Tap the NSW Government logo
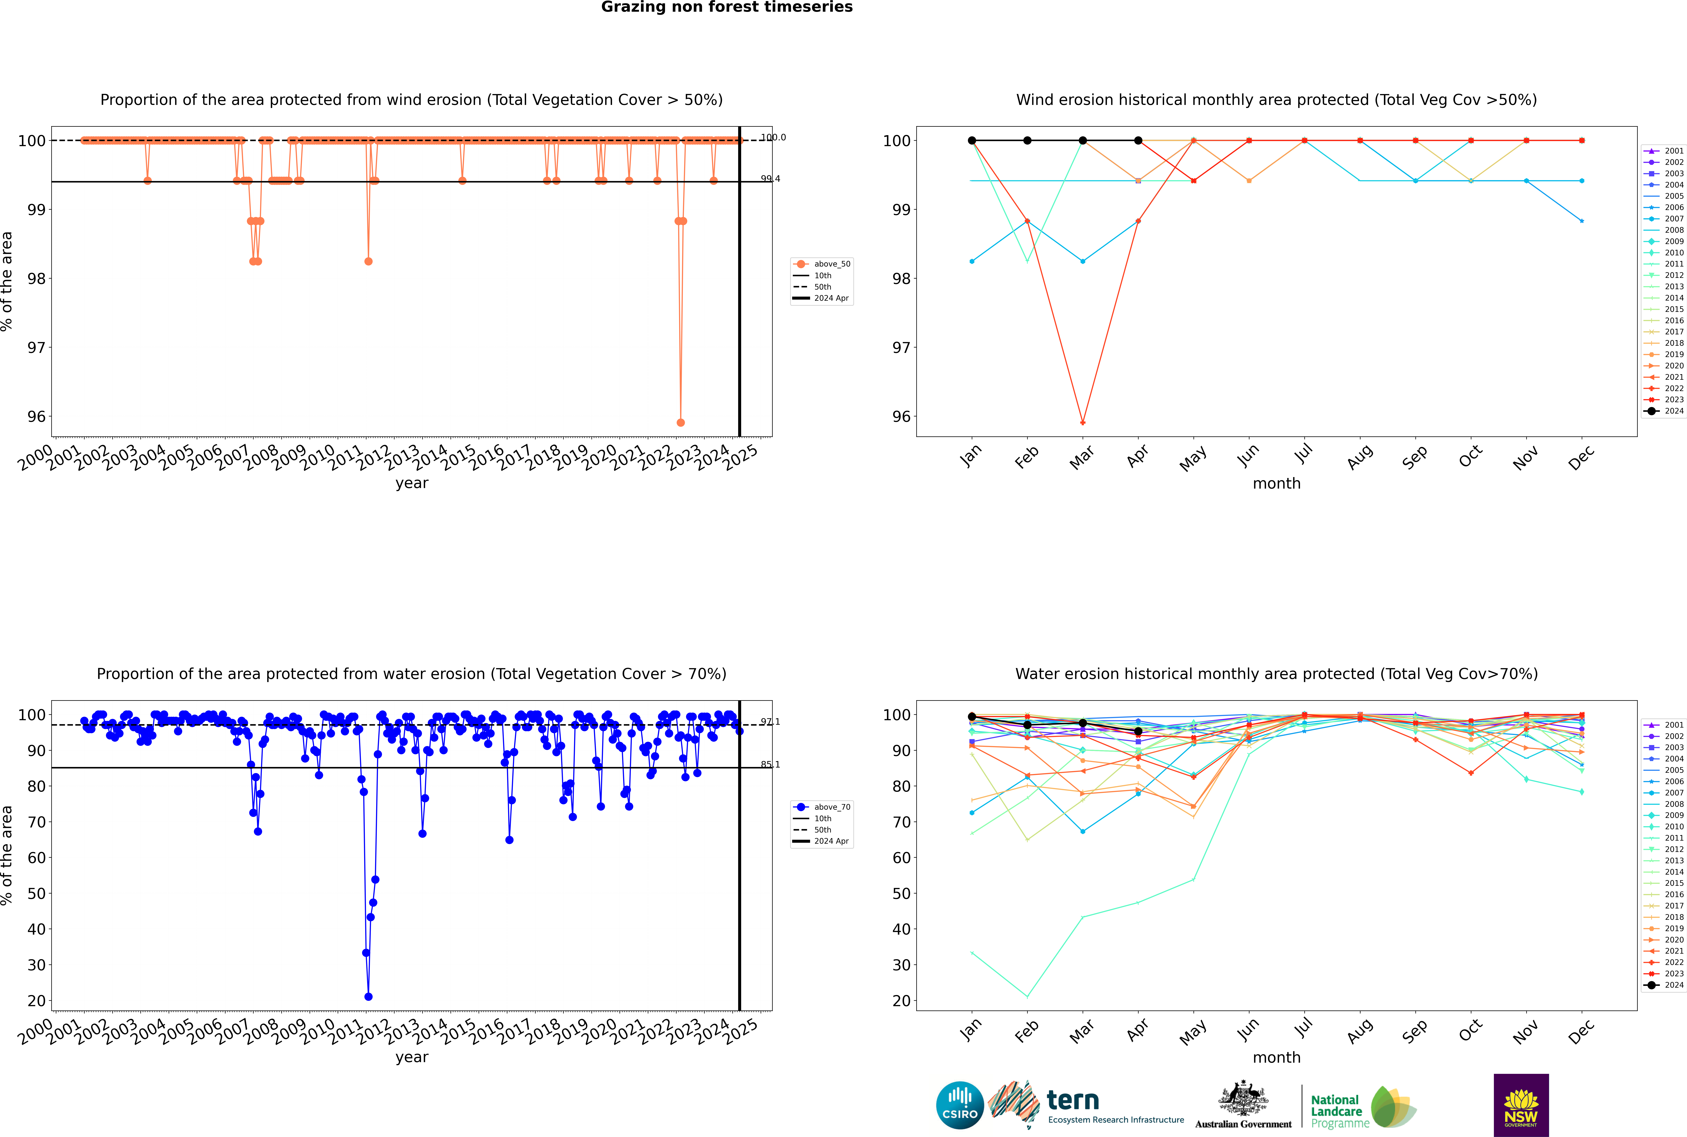1521,1104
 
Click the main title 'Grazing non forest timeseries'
727,7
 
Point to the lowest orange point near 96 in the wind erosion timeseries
680,422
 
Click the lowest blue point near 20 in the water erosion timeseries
368,996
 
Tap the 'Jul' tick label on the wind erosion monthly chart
1303,455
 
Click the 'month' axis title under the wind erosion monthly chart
1276,484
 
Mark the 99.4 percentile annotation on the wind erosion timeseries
770,178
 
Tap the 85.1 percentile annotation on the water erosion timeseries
770,764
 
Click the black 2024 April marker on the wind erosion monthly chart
1138,141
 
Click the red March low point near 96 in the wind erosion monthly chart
1083,422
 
